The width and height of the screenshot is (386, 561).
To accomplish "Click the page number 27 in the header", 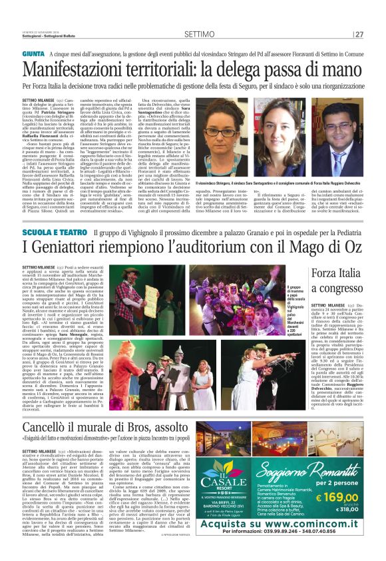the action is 359,35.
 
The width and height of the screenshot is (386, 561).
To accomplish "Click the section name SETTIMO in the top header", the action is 200,34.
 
